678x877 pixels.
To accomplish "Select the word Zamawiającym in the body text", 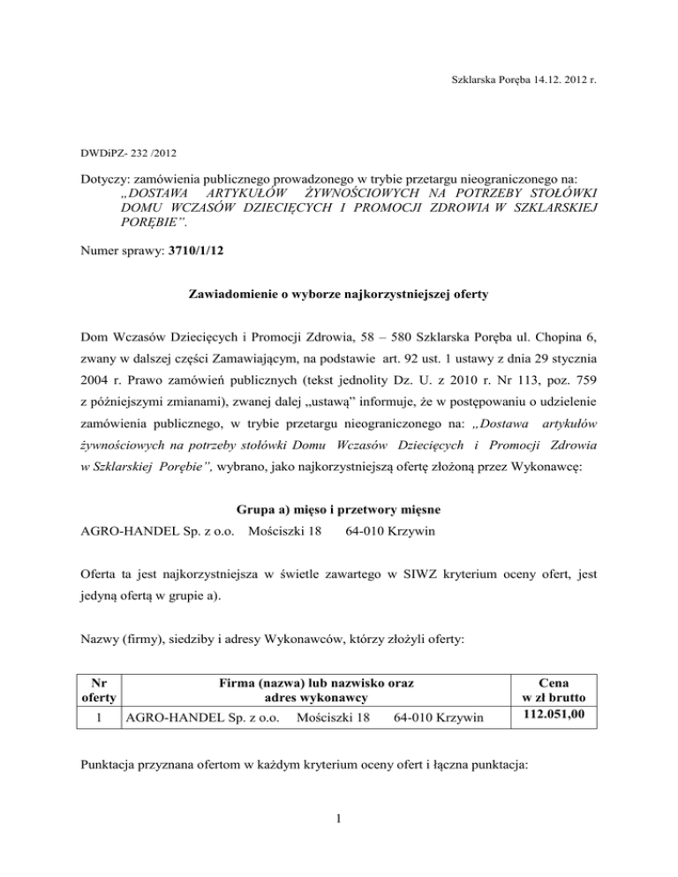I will (x=288, y=360).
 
